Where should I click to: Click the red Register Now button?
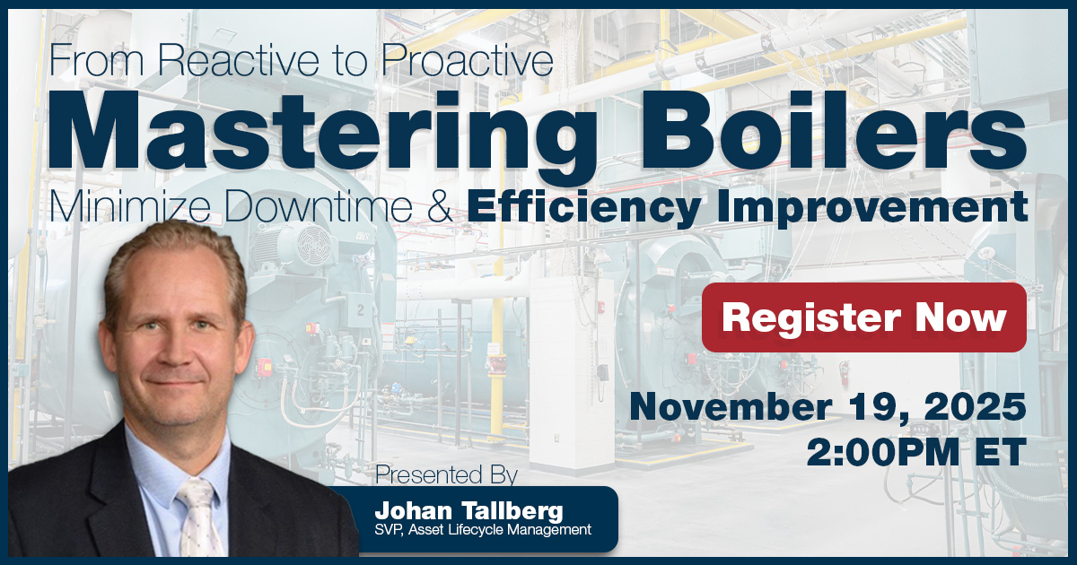click(x=863, y=317)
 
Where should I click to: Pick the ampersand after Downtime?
click(x=442, y=208)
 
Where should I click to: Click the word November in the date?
click(x=729, y=408)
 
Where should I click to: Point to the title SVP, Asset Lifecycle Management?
click(x=483, y=530)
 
